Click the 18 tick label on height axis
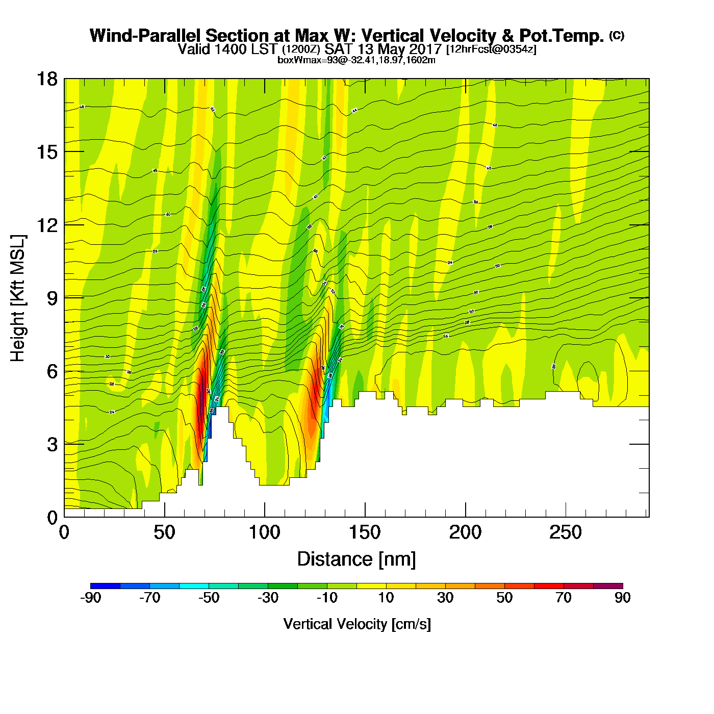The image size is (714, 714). pyautogui.click(x=46, y=79)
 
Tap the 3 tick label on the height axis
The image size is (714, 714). pyautogui.click(x=52, y=445)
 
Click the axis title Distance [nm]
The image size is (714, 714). pyautogui.click(x=356, y=559)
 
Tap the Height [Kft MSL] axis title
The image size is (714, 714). pyautogui.click(x=18, y=298)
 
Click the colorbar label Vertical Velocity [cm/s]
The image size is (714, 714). pyautogui.click(x=357, y=624)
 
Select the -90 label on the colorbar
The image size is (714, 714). pyautogui.click(x=90, y=598)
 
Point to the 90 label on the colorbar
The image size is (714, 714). pyautogui.click(x=623, y=598)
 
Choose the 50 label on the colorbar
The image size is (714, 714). pyautogui.click(x=504, y=598)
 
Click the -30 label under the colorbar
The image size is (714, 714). pyautogui.click(x=268, y=598)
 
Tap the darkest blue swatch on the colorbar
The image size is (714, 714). pyautogui.click(x=105, y=586)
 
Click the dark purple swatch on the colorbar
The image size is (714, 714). pyautogui.click(x=608, y=586)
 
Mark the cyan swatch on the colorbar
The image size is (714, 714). pyautogui.click(x=194, y=586)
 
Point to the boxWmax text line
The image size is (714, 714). pyautogui.click(x=356, y=60)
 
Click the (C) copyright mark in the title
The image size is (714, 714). pyautogui.click(x=617, y=35)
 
